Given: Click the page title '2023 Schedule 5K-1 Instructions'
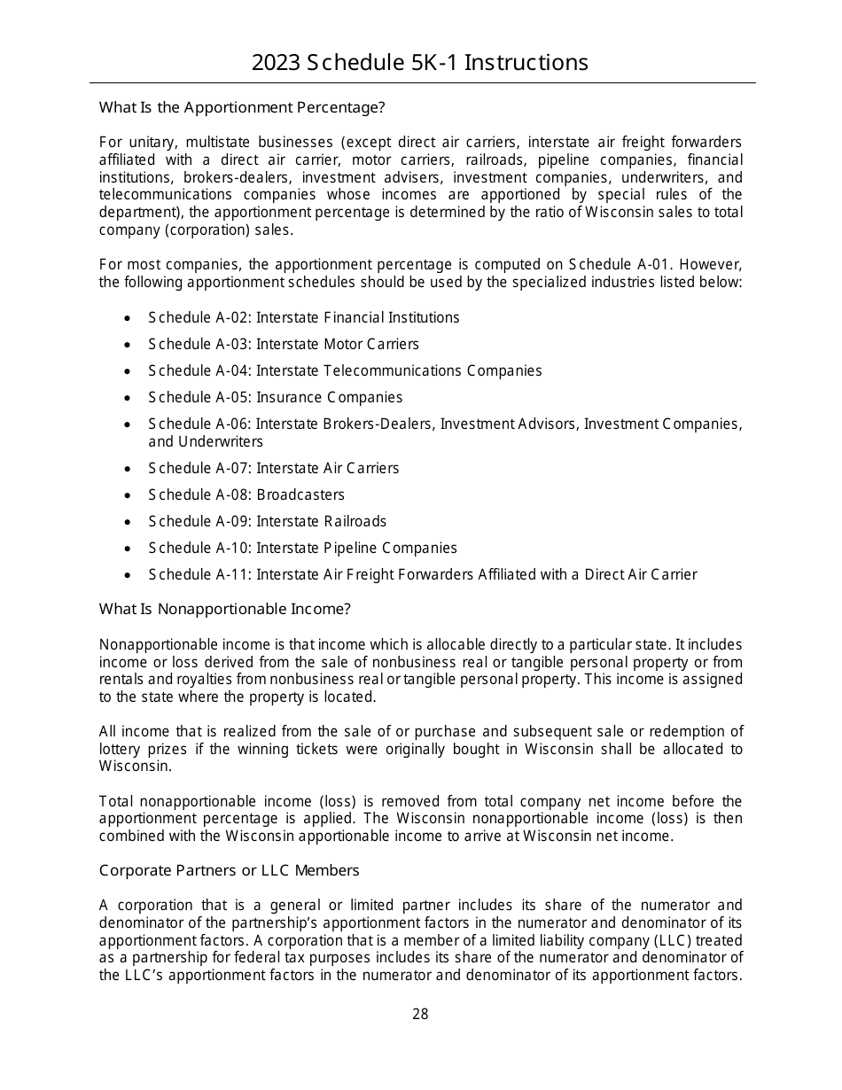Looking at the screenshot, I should tap(420, 63).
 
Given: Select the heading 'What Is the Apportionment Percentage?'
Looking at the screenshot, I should tap(242, 108).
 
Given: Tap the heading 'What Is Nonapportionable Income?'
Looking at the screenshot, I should tap(225, 609).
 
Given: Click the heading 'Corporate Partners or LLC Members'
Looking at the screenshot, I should tap(229, 870).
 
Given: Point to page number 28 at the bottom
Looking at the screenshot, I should tap(420, 1015).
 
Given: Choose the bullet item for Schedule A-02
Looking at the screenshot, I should tap(303, 317).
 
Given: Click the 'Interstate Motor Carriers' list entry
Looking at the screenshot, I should tap(337, 344).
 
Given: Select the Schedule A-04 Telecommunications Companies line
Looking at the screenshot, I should tap(345, 370).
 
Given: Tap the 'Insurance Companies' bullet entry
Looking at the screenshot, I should tap(329, 397).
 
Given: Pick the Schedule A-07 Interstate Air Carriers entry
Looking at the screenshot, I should tap(273, 468).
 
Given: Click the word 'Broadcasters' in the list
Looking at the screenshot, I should tap(300, 494).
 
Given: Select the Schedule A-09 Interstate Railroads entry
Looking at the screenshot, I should tap(267, 521).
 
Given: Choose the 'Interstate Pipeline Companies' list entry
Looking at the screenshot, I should tap(356, 548).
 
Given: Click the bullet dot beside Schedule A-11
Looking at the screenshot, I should tap(129, 575).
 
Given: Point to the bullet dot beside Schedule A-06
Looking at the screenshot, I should tap(129, 424).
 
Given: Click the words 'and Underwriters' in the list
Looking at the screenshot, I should tap(206, 441).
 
